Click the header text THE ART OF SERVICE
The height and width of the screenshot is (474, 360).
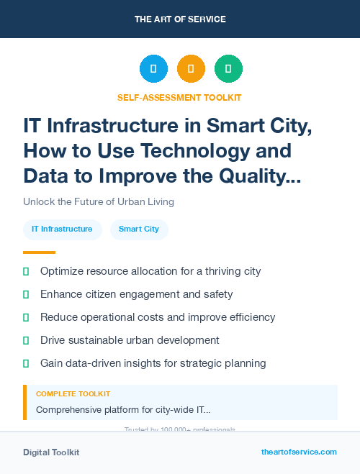pyautogui.click(x=180, y=19)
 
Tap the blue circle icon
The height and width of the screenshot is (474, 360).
pyautogui.click(x=153, y=69)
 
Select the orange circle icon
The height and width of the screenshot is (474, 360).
pyautogui.click(x=191, y=69)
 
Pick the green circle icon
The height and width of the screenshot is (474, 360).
pyautogui.click(x=228, y=69)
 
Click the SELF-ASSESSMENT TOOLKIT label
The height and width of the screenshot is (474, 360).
pyautogui.click(x=179, y=97)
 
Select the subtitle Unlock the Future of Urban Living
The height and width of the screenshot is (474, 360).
pyautogui.click(x=98, y=201)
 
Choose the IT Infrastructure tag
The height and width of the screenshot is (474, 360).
pyautogui.click(x=62, y=229)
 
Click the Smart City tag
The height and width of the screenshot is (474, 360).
pyautogui.click(x=139, y=229)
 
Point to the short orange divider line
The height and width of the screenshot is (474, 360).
pyautogui.click(x=39, y=252)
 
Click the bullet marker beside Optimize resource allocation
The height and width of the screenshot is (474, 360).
pyautogui.click(x=26, y=271)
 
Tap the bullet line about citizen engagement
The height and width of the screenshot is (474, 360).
pyautogui.click(x=136, y=294)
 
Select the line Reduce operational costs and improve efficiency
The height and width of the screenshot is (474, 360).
pyautogui.click(x=158, y=317)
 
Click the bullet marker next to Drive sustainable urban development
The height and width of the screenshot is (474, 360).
pyautogui.click(x=26, y=340)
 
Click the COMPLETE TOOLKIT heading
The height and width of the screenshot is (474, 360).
pyautogui.click(x=73, y=394)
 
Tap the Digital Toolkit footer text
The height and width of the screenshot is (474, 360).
pyautogui.click(x=51, y=452)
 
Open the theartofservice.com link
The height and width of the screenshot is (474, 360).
pyautogui.click(x=299, y=452)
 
